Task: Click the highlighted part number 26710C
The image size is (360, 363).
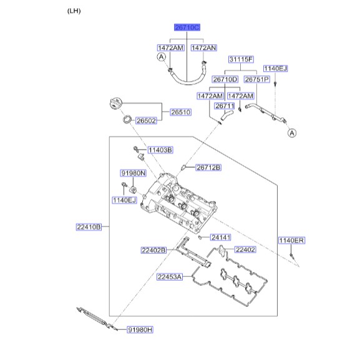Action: coord(187,27)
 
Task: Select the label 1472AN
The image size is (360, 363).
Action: coord(204,48)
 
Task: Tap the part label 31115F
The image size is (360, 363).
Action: coord(241,59)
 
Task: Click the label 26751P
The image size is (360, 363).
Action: coord(257,79)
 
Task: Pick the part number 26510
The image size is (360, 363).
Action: coord(180,112)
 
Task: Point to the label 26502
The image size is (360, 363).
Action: coord(146,120)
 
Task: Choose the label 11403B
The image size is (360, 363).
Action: coord(160,150)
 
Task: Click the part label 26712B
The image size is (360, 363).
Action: coord(208,167)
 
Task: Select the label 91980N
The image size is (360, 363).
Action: coord(134,173)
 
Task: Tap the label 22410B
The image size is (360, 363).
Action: coord(89,227)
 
